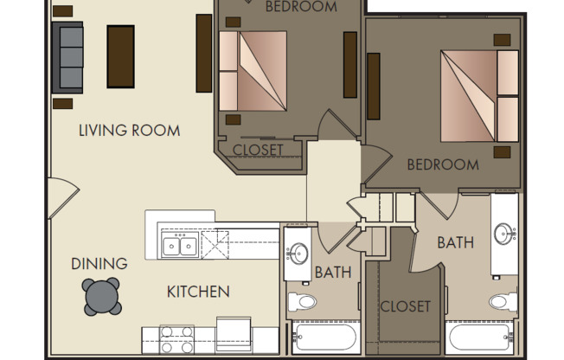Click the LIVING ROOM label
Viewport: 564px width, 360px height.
pyautogui.click(x=129, y=132)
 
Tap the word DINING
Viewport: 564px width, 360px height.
pyautogui.click(x=99, y=264)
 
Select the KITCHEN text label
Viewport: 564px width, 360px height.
pyautogui.click(x=198, y=292)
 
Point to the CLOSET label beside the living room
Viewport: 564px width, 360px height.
pyautogui.click(x=258, y=150)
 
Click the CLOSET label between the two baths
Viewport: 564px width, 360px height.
pyautogui.click(x=405, y=306)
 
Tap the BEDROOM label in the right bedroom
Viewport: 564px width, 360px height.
pyautogui.click(x=443, y=164)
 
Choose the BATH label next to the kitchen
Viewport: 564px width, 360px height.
pyautogui.click(x=333, y=273)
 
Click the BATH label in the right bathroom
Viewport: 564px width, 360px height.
pyautogui.click(x=455, y=243)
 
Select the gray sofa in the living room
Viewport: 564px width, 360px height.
pyautogui.click(x=67, y=57)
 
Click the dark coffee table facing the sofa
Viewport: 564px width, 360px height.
pyautogui.click(x=120, y=55)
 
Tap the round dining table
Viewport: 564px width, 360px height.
pyautogui.click(x=103, y=297)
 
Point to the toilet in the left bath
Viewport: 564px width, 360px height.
pyautogui.click(x=302, y=302)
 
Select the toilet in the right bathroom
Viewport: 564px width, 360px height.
pyautogui.click(x=501, y=302)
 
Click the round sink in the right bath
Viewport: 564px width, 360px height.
pyautogui.click(x=504, y=234)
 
